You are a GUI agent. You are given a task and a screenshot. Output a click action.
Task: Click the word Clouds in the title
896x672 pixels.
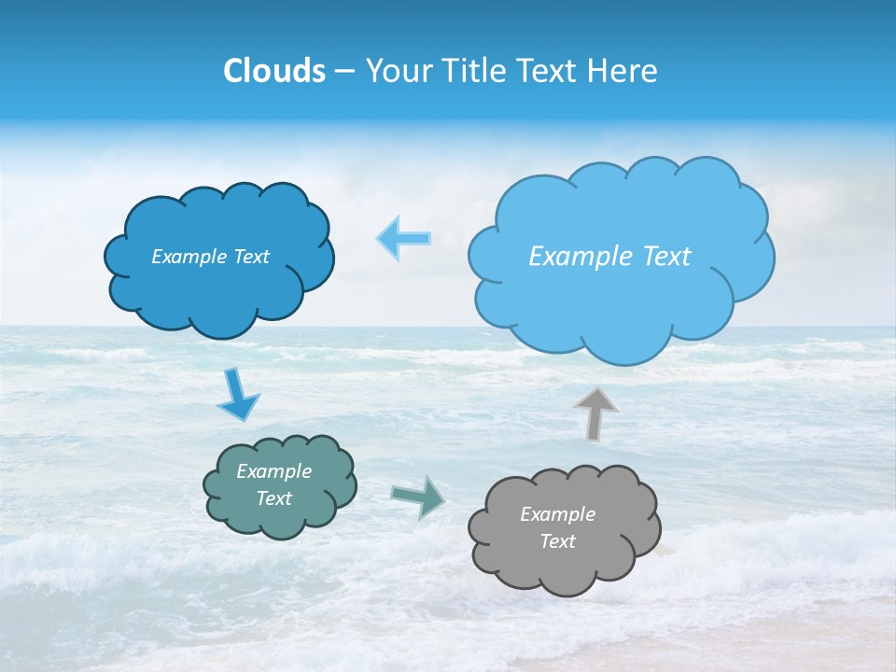point(274,71)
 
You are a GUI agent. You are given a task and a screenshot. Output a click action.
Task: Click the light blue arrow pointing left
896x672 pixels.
point(403,239)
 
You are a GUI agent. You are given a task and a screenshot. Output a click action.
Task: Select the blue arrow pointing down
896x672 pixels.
point(237,397)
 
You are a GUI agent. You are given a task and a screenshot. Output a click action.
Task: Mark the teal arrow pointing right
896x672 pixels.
point(418,497)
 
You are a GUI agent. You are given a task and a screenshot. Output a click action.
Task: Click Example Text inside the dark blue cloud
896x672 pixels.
point(210,257)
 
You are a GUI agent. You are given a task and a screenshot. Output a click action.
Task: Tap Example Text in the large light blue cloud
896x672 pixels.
point(609,257)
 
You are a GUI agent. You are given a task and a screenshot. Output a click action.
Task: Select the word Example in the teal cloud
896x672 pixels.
point(273,471)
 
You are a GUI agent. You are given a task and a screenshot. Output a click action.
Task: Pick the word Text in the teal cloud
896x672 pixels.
point(273,498)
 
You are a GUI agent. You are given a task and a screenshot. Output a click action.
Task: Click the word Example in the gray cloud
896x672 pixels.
point(557,514)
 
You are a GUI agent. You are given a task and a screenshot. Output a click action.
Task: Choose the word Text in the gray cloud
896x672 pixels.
point(557,541)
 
